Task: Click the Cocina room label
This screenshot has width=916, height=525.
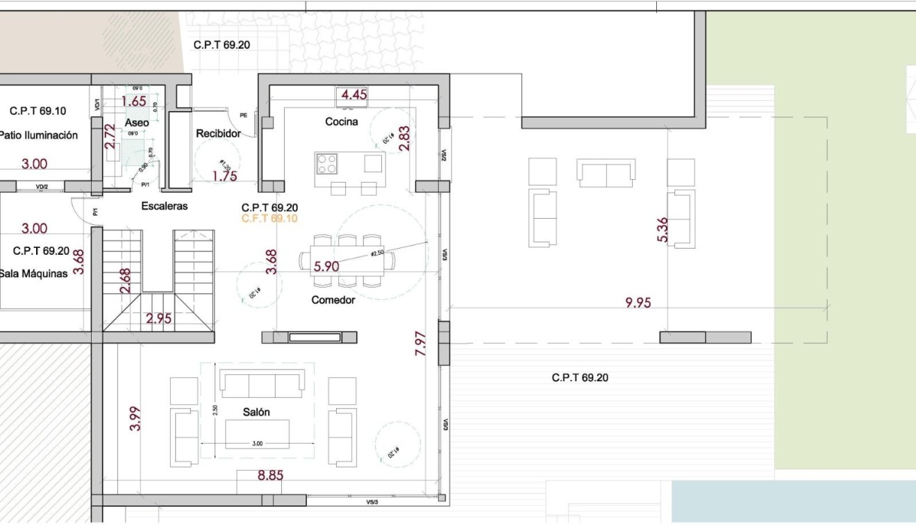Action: pyautogui.click(x=341, y=122)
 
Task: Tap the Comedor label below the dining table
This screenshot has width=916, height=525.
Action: pyautogui.click(x=333, y=300)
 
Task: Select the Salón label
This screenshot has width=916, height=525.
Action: pyautogui.click(x=256, y=412)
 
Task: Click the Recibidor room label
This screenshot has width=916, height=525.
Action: pyautogui.click(x=218, y=133)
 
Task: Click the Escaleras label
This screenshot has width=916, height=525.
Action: pyautogui.click(x=165, y=206)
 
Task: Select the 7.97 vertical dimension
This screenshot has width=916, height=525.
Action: pyautogui.click(x=420, y=344)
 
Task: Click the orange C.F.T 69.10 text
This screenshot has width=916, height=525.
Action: pyautogui.click(x=269, y=218)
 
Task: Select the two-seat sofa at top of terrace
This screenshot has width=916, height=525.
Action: pyautogui.click(x=606, y=173)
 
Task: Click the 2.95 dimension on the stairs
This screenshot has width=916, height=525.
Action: pyautogui.click(x=158, y=319)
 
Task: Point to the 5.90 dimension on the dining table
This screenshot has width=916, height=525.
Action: pyautogui.click(x=326, y=266)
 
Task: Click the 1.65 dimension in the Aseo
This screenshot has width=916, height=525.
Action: pyautogui.click(x=133, y=101)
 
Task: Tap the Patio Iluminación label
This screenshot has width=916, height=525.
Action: pyautogui.click(x=38, y=136)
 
